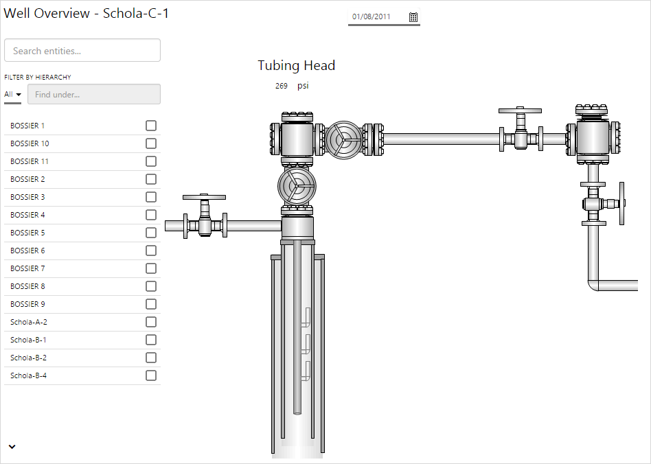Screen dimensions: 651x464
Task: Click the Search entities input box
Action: pyautogui.click(x=82, y=50)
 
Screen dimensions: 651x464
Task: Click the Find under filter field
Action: pyautogui.click(x=94, y=94)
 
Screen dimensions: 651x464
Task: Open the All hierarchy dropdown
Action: pyautogui.click(x=12, y=94)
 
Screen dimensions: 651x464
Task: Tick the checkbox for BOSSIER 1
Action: pyautogui.click(x=151, y=126)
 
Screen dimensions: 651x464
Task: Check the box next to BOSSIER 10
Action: pyautogui.click(x=151, y=143)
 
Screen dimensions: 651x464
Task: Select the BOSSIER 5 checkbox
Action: pyautogui.click(x=151, y=233)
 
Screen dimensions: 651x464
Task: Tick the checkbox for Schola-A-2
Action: pyautogui.click(x=151, y=322)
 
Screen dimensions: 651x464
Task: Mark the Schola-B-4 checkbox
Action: pyautogui.click(x=151, y=375)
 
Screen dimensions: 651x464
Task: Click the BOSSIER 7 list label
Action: pyautogui.click(x=27, y=268)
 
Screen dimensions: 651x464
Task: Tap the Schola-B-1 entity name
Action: pyautogui.click(x=28, y=340)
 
